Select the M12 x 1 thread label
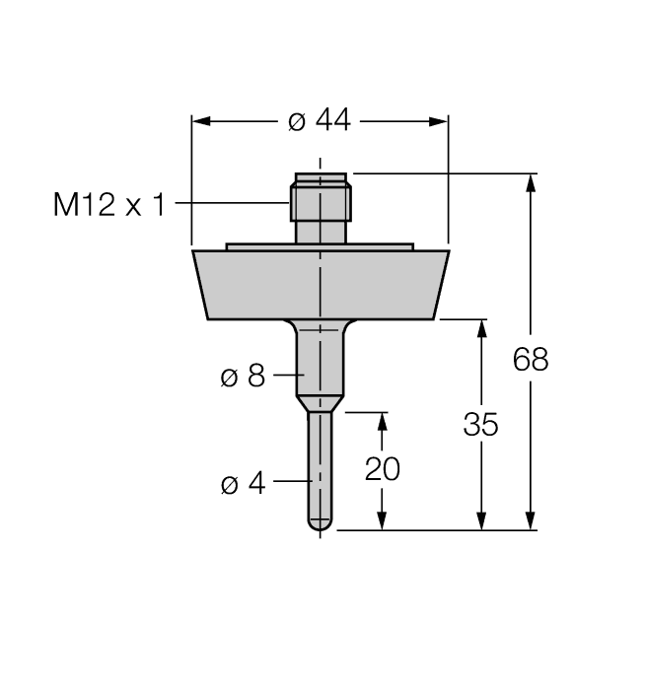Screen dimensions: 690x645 click(108, 205)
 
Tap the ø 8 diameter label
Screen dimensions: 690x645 click(243, 376)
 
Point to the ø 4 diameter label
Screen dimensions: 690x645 click(243, 484)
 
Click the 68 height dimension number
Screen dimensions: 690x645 click(531, 360)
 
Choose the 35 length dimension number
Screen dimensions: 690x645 click(481, 425)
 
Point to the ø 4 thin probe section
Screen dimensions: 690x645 click(320, 463)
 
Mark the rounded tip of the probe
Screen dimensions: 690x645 click(320, 525)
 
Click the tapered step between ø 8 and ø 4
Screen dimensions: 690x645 click(320, 403)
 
